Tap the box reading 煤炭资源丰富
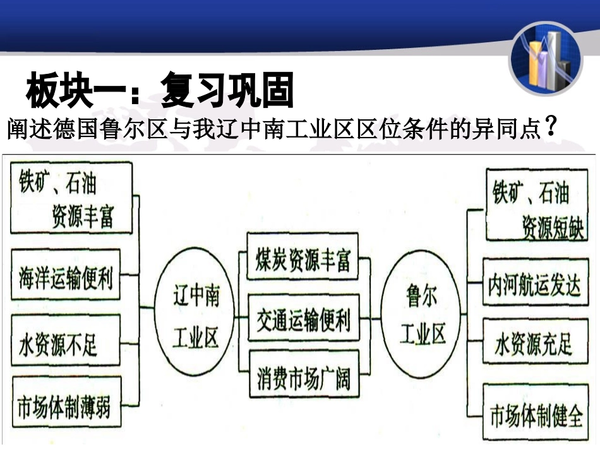303,259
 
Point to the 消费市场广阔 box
303,379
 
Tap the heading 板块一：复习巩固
160,92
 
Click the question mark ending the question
551,128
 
